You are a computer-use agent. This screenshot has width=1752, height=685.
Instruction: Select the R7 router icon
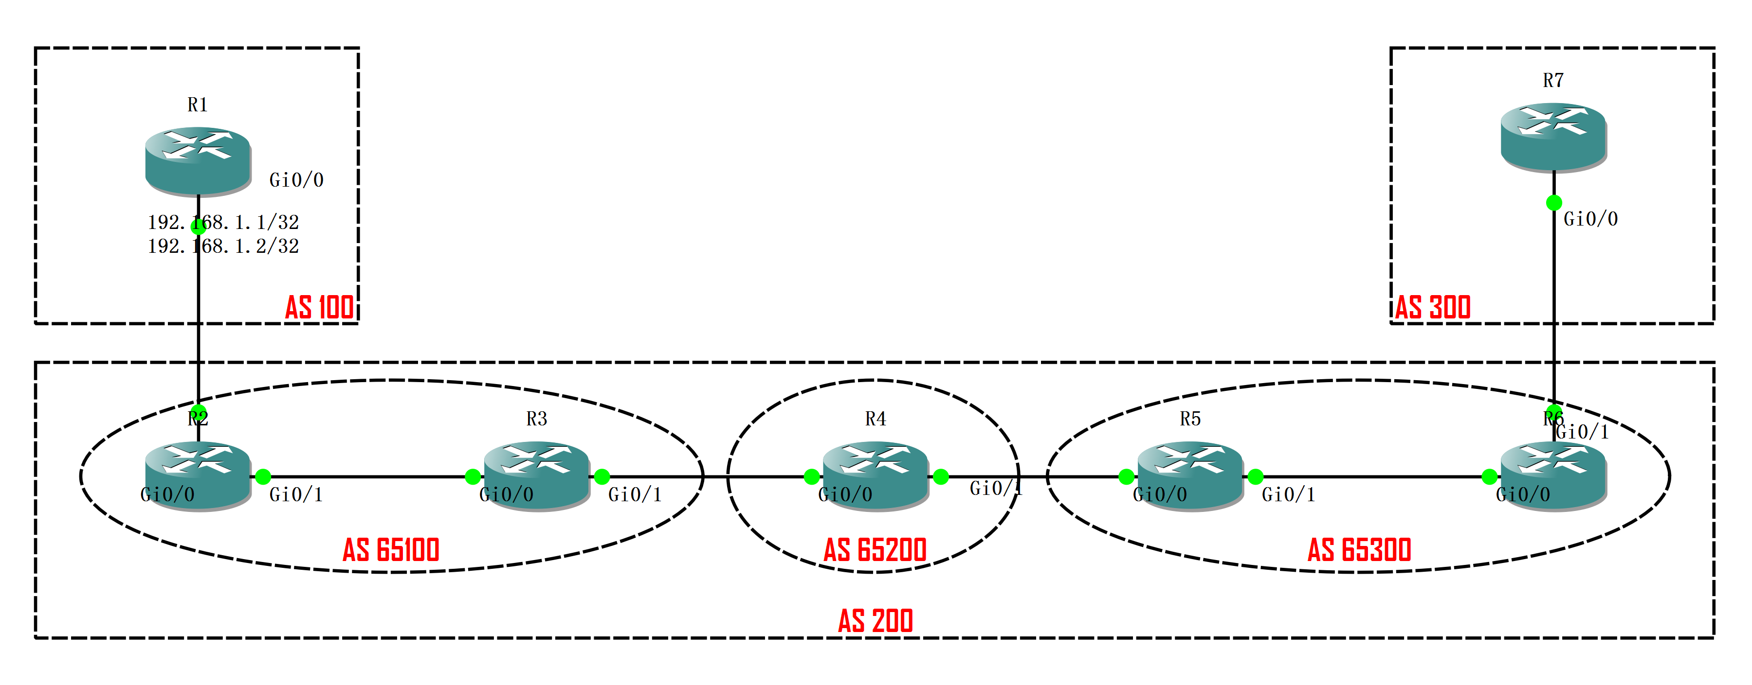(1553, 136)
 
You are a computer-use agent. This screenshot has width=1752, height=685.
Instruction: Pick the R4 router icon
(876, 474)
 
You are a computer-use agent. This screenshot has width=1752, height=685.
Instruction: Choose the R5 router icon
(1189, 474)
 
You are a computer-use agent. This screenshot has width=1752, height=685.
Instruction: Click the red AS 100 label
(319, 307)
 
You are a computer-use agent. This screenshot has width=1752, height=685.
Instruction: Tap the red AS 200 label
(876, 620)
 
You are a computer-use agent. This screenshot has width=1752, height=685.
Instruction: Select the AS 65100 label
(391, 550)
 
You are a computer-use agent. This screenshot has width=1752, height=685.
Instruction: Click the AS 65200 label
(876, 550)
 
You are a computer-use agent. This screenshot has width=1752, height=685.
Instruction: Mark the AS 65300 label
(1359, 550)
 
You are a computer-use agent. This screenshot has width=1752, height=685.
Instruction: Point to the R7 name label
(1553, 81)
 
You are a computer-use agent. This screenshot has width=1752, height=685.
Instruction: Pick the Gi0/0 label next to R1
(296, 180)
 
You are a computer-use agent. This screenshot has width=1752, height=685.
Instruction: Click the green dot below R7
(1553, 203)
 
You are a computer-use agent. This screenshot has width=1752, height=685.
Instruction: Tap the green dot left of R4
(811, 477)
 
